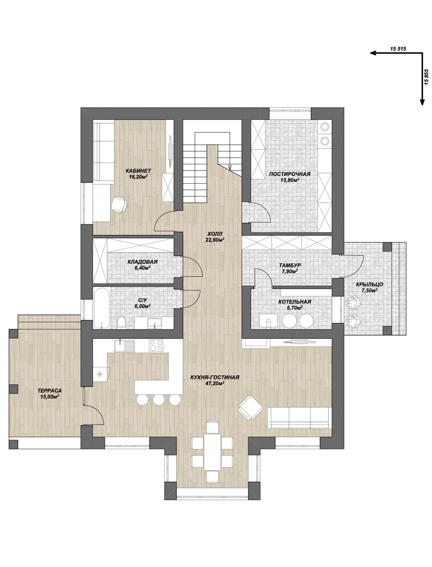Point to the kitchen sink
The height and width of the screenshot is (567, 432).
click(x=124, y=346)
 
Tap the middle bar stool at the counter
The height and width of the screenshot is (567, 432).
click(x=159, y=400)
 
